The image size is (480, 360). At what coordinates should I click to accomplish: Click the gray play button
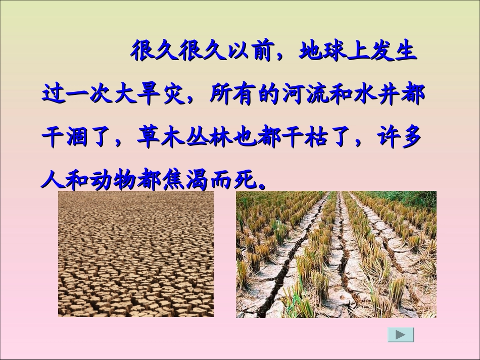tap(400, 334)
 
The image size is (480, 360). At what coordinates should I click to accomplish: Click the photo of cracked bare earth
tap(135, 254)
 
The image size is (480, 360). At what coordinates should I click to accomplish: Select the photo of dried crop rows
tap(336, 254)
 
